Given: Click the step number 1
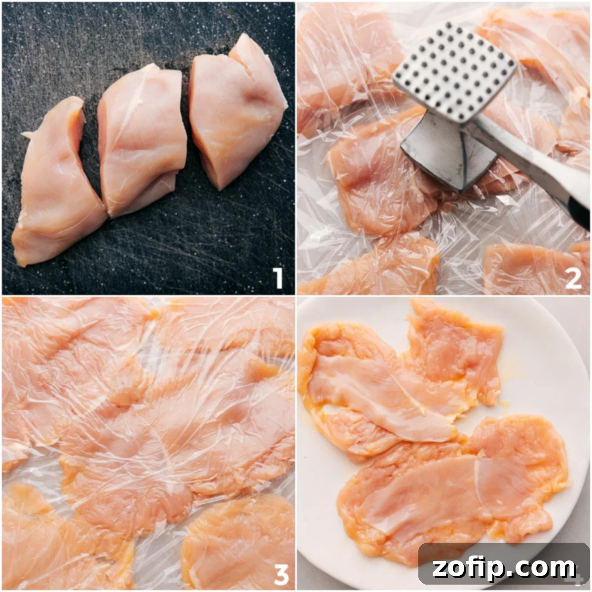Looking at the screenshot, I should (278, 278).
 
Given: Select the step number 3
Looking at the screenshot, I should (281, 573).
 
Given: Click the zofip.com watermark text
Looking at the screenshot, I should (504, 567).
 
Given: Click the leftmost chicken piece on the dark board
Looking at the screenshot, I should (57, 187).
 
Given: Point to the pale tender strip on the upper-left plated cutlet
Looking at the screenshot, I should (380, 395).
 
